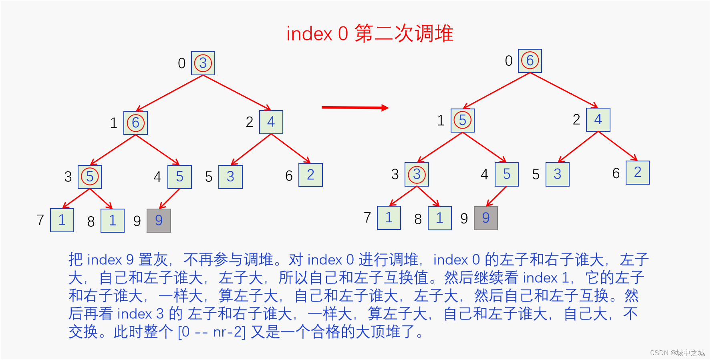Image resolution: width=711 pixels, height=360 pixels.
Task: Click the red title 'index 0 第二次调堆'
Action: [370, 33]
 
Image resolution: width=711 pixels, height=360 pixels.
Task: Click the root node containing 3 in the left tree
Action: [203, 63]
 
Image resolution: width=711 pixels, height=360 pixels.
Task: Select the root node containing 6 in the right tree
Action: [530, 61]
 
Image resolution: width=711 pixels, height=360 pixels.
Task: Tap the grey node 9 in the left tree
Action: [159, 221]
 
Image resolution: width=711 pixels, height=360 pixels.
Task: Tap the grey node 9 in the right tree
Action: [486, 218]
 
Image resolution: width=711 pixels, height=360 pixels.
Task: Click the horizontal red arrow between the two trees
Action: [354, 107]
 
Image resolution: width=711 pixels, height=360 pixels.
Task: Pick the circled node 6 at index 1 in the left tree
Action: [135, 123]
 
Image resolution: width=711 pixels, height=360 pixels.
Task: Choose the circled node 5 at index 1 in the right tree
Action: [463, 121]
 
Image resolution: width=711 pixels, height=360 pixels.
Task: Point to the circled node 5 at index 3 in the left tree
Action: [90, 177]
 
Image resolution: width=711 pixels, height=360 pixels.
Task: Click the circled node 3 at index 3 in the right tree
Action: [417, 175]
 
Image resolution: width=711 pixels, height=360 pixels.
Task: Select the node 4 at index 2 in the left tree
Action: [271, 122]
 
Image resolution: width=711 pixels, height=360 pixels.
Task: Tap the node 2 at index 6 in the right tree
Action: [638, 173]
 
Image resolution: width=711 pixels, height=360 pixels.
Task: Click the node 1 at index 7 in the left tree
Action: [62, 220]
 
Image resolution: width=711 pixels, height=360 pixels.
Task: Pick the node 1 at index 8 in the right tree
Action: [440, 218]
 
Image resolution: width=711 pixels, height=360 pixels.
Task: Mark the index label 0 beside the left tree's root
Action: [182, 63]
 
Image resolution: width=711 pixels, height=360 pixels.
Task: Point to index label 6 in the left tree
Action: [289, 176]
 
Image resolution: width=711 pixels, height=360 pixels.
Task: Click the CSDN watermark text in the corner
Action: [677, 353]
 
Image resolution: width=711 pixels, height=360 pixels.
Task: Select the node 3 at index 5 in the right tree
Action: [558, 174]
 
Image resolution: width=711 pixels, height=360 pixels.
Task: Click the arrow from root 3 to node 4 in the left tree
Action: [237, 93]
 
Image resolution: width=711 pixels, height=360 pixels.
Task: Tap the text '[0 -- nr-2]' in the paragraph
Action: [211, 332]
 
